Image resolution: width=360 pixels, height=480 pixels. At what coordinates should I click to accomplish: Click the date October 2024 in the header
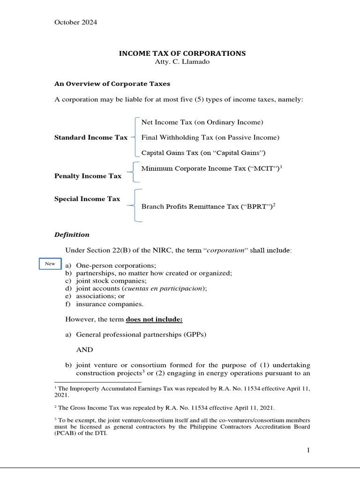76,22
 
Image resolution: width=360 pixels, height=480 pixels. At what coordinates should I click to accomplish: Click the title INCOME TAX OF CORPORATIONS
182,53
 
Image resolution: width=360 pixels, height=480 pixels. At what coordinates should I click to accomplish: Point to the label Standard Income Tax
91,138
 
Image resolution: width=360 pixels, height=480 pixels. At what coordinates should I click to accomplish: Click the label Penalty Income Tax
88,176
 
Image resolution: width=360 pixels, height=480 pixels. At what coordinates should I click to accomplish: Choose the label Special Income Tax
87,199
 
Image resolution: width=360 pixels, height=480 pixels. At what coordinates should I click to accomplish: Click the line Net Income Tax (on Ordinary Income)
202,122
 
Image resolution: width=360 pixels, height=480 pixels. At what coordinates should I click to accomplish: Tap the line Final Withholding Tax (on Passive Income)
210,138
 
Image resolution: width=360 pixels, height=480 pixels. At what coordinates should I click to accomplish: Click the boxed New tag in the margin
50,264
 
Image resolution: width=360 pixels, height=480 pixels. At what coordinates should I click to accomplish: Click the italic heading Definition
72,235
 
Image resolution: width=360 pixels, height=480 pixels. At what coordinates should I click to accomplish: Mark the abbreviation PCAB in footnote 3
64,433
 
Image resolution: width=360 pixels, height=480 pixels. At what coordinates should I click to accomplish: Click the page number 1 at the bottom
308,450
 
